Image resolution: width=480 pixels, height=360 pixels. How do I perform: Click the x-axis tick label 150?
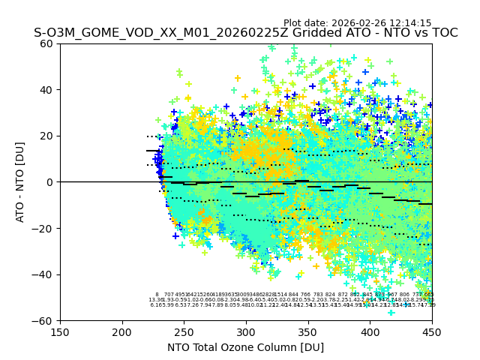click(60, 331)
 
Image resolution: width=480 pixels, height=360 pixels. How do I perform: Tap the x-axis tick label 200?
click(122, 331)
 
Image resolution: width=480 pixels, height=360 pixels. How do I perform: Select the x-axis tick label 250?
click(184, 331)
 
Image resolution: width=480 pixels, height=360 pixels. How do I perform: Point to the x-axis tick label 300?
click(246, 331)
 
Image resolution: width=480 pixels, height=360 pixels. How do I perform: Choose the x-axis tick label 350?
click(308, 331)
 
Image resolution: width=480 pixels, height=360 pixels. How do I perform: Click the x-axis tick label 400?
click(370, 331)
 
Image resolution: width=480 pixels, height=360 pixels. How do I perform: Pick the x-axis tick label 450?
click(432, 331)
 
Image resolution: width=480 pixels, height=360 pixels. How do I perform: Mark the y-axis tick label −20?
click(45, 228)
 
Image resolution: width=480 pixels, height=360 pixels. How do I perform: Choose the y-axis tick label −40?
click(45, 274)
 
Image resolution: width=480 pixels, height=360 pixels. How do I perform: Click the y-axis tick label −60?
click(45, 320)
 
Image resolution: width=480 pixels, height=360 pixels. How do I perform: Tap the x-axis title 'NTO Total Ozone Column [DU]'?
click(246, 347)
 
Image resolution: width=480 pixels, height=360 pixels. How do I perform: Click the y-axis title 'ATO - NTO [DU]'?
click(20, 182)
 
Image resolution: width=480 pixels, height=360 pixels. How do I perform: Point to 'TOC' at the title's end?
click(444, 34)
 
